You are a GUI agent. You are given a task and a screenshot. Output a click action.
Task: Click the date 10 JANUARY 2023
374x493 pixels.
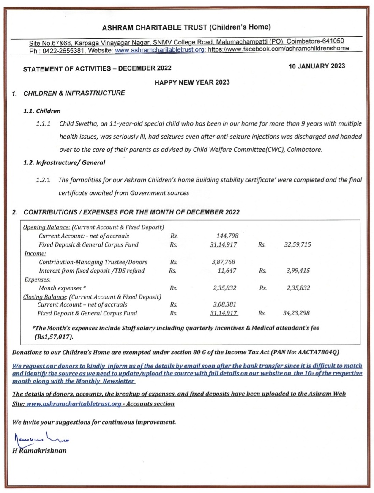tap(317, 66)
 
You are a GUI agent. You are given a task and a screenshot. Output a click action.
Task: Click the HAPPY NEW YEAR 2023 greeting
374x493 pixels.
tap(192, 82)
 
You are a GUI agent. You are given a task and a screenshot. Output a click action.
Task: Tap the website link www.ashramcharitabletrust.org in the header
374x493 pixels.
tap(161, 49)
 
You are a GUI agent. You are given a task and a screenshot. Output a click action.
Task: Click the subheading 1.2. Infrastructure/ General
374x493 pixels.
tap(64, 162)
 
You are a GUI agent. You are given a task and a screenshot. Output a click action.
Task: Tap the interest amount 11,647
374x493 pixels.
tap(227, 271)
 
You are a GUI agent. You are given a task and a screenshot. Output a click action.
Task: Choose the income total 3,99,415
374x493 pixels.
tap(298, 271)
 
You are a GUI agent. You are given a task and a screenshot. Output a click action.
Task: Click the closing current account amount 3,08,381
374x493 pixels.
tap(224, 304)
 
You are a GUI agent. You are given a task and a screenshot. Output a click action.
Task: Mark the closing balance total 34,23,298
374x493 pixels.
tap(296, 313)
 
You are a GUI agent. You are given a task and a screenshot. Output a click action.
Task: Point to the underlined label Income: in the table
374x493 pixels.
tap(35, 254)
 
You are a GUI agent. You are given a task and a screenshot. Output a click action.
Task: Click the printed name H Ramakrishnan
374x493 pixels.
tap(39, 451)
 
